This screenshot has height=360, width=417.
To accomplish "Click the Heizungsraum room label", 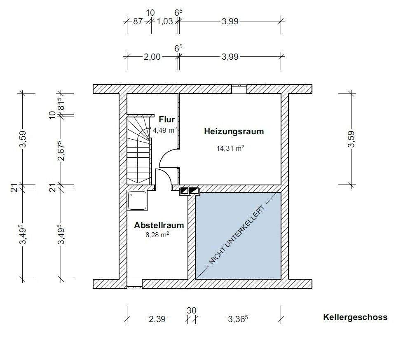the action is click(234, 132).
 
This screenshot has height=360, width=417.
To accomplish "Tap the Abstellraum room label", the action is click(159, 225).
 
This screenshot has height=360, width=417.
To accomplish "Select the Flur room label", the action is click(167, 120).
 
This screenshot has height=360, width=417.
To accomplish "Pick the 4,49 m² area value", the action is click(165, 130).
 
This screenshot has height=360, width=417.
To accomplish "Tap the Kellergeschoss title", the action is click(355, 317).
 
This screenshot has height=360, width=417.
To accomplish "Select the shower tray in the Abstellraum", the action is click(137, 201).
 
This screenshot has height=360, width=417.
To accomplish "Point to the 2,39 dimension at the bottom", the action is click(157, 319).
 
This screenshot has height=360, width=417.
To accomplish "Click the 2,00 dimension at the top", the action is click(152, 57).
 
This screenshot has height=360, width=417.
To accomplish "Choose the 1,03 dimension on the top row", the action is click(165, 22).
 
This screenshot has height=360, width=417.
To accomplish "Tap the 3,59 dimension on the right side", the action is click(351, 139).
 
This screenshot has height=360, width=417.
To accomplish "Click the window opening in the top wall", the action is click(239, 89).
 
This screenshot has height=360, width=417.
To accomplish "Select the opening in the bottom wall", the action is click(134, 283).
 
